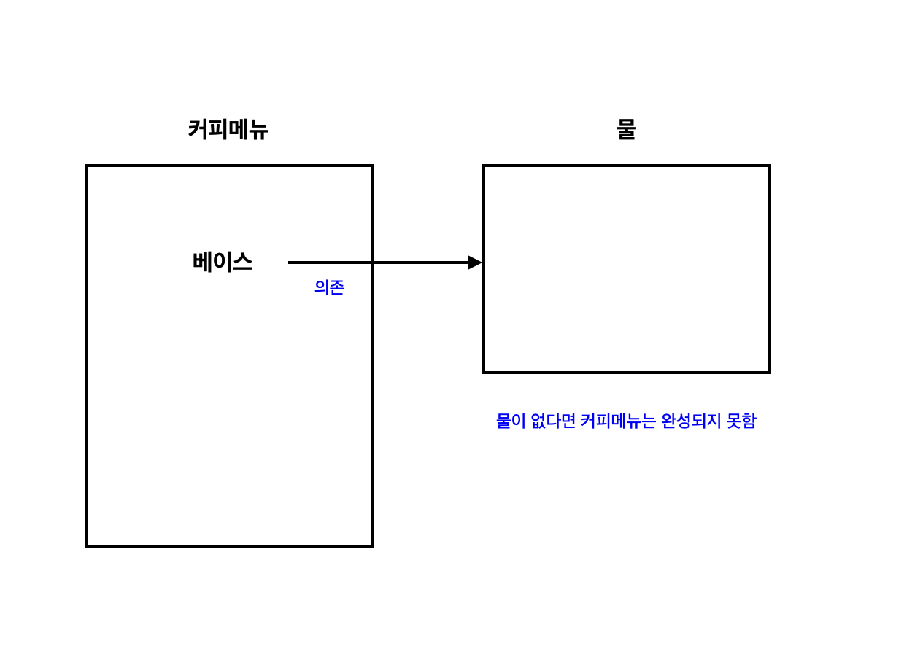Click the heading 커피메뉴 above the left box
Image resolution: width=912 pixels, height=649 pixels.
click(x=228, y=130)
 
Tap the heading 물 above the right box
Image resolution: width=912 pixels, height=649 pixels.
click(x=626, y=130)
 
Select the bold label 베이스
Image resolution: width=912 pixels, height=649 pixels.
click(x=223, y=262)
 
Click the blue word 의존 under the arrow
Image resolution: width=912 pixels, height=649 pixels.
click(x=329, y=287)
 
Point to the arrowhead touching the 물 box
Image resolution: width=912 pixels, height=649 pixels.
click(x=476, y=263)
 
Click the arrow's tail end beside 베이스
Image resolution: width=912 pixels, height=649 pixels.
click(x=290, y=263)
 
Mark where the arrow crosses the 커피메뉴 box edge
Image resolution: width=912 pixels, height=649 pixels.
click(x=372, y=263)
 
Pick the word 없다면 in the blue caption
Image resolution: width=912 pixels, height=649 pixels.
click(x=549, y=421)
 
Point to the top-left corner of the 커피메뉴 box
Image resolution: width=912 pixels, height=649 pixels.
click(x=86, y=166)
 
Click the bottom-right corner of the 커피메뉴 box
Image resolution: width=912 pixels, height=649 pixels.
click(x=372, y=545)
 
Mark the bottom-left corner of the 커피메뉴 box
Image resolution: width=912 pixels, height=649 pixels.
click(x=86, y=545)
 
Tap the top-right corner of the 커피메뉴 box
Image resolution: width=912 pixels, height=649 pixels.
click(x=372, y=166)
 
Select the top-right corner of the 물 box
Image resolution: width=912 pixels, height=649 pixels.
click(x=770, y=166)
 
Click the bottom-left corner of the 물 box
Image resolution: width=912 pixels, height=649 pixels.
click(x=484, y=372)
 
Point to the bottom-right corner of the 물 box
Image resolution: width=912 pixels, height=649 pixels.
click(x=770, y=372)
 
